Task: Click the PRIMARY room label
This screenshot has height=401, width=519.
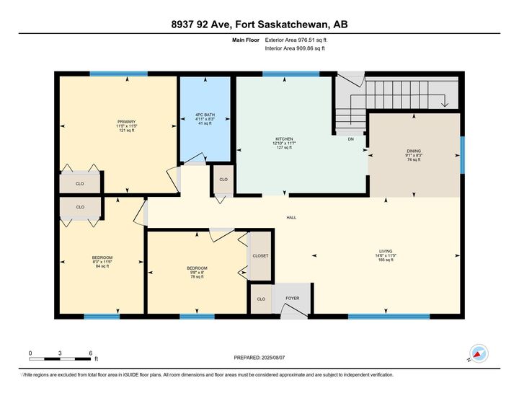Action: [126, 122]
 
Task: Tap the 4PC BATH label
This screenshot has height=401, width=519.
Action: [205, 115]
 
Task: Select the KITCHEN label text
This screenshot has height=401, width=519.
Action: [284, 139]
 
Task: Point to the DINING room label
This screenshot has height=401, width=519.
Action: [414, 151]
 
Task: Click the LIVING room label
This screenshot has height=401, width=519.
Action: [386, 251]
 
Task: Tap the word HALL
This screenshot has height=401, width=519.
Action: [291, 218]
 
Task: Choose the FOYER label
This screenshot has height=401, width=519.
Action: [293, 299]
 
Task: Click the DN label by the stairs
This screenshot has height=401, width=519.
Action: [351, 139]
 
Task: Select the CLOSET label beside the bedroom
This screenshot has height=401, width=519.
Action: [260, 256]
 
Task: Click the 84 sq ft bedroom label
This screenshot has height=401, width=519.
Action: [102, 257]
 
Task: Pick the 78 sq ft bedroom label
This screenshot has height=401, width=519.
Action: [197, 268]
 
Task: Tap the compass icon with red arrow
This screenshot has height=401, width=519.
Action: [479, 353]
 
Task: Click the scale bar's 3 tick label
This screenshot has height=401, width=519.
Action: [60, 353]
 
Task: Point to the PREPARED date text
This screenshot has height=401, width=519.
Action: [259, 358]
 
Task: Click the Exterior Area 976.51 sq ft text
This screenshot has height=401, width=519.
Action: [296, 40]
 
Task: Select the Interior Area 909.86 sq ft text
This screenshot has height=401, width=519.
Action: [295, 48]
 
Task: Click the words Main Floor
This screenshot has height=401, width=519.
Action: [246, 40]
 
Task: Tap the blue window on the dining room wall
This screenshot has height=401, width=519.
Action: [462, 155]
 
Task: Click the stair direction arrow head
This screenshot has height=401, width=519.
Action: [445, 105]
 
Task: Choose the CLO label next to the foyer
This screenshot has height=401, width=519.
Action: [261, 299]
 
